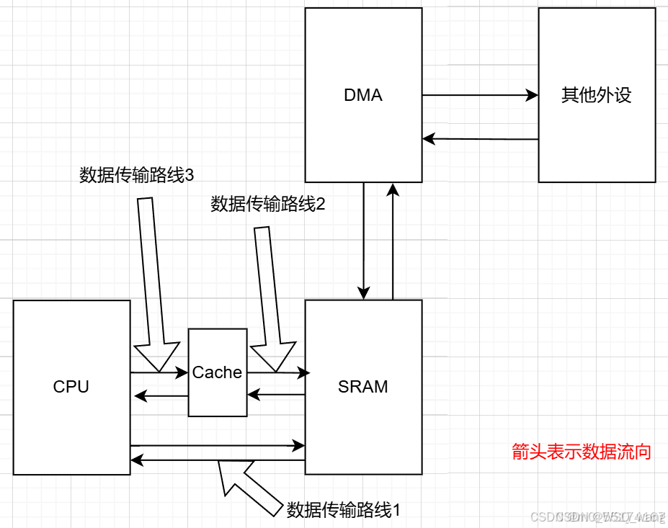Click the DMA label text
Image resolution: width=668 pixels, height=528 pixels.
363,96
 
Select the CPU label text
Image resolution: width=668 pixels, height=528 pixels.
71,387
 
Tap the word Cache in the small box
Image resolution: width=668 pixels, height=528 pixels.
217,372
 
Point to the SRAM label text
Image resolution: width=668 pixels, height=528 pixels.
363,387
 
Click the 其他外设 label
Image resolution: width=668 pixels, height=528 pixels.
597,96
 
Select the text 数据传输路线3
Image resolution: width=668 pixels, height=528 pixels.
137,175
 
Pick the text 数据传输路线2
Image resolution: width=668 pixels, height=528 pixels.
268,205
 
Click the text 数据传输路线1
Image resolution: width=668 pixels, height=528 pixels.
343,510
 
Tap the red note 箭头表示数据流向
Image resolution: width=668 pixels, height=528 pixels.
582,452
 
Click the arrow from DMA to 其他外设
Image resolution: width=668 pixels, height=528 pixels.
480,95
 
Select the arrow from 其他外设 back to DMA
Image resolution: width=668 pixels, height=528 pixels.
480,138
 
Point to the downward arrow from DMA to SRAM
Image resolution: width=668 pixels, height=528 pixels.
364,241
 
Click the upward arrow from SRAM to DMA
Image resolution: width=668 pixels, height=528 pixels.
393,241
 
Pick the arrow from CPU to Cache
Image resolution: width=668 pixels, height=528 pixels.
159,372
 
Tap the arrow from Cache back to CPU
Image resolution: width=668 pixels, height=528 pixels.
159,394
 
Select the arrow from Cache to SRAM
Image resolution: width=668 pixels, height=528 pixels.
277,372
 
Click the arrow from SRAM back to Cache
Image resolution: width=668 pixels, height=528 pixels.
277,394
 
